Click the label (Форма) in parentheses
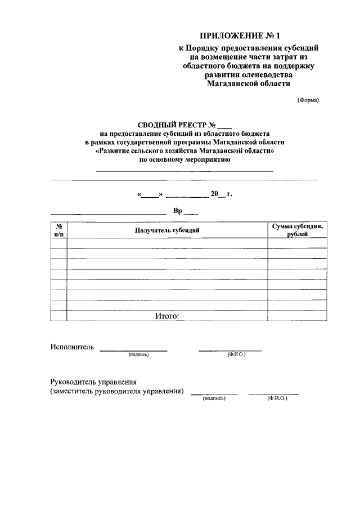tap(308, 100)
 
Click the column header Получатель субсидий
tap(167, 230)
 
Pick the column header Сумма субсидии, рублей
tap(297, 229)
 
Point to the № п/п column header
tap(58, 229)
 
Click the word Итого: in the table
tap(167, 316)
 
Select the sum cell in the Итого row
tap(297, 316)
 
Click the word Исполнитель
tap(71, 347)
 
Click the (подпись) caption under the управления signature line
tap(214, 398)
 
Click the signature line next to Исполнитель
tap(133, 351)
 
